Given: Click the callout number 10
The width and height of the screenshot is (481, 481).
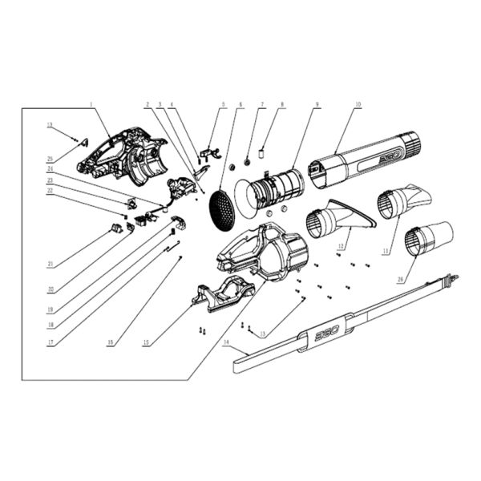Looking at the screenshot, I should [x=358, y=104].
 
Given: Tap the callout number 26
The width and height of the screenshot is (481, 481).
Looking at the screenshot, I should [x=401, y=280].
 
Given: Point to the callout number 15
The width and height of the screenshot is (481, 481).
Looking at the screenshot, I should [x=146, y=342].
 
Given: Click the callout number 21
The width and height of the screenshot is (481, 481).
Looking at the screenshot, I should [x=51, y=263].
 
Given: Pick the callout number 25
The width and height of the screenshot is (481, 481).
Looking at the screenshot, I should [x=51, y=159].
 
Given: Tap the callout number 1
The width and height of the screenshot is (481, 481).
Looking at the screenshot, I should [x=91, y=104].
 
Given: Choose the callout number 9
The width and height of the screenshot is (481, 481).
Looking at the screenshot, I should [x=317, y=104].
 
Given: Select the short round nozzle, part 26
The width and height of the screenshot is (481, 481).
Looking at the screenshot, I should [x=427, y=238].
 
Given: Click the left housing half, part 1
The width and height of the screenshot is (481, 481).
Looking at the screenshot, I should [x=124, y=156].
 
